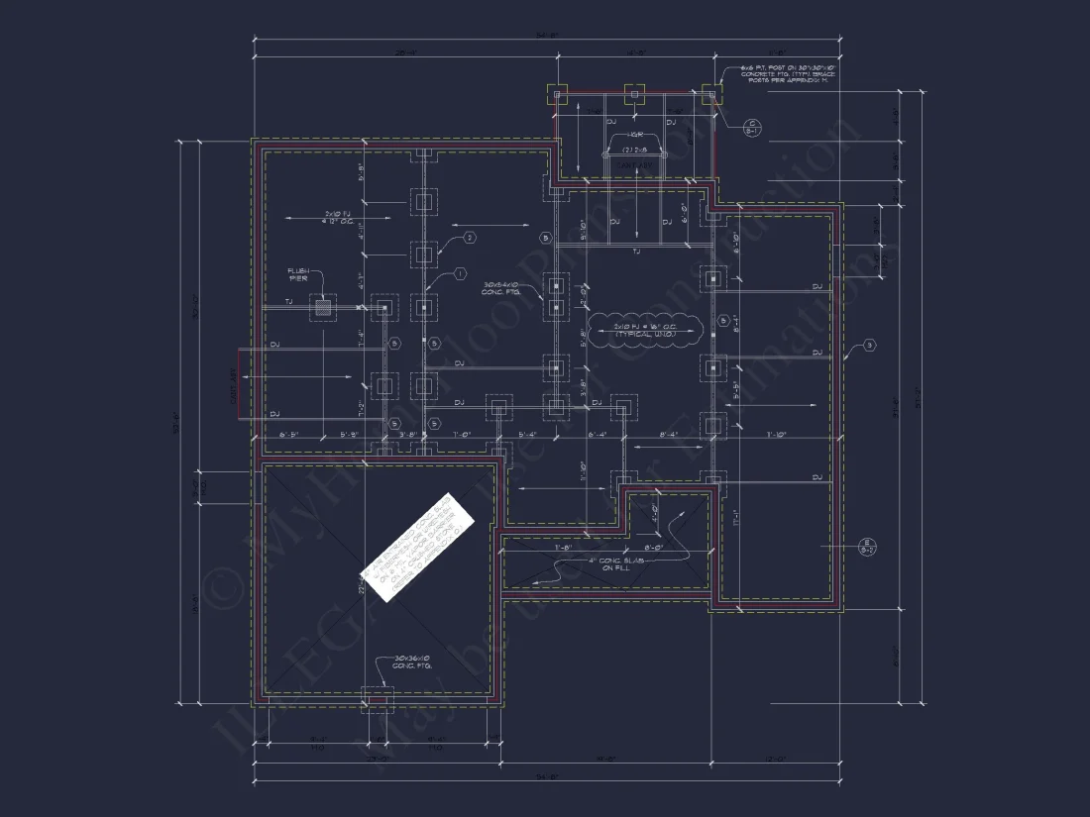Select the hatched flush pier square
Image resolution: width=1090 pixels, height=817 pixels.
(x=322, y=308)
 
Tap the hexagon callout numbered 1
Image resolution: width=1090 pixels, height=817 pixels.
(x=460, y=273)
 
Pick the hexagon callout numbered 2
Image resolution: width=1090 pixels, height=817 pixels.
(x=470, y=237)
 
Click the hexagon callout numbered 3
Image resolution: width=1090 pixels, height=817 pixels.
(x=870, y=346)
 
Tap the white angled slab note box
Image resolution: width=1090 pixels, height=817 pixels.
(x=417, y=545)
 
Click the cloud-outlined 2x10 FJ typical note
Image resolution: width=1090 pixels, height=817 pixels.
(x=645, y=330)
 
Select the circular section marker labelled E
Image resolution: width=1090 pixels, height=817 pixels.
(x=865, y=545)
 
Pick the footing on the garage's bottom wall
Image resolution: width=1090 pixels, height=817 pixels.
(x=376, y=699)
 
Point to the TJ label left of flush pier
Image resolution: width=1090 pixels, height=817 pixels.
(x=288, y=301)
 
